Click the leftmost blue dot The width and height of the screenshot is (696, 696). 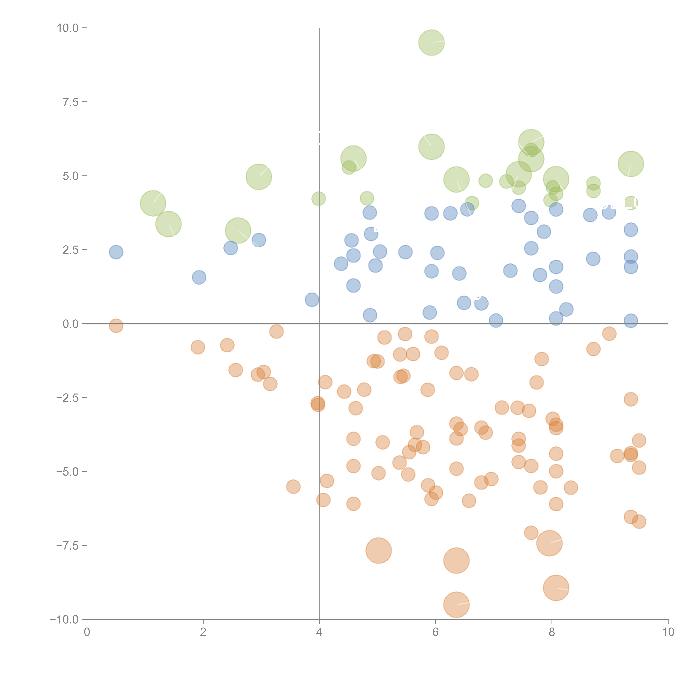116,252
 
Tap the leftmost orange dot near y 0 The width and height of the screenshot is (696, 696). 116,326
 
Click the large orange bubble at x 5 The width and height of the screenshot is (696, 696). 379,550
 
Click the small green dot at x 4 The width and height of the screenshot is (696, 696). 318,198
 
